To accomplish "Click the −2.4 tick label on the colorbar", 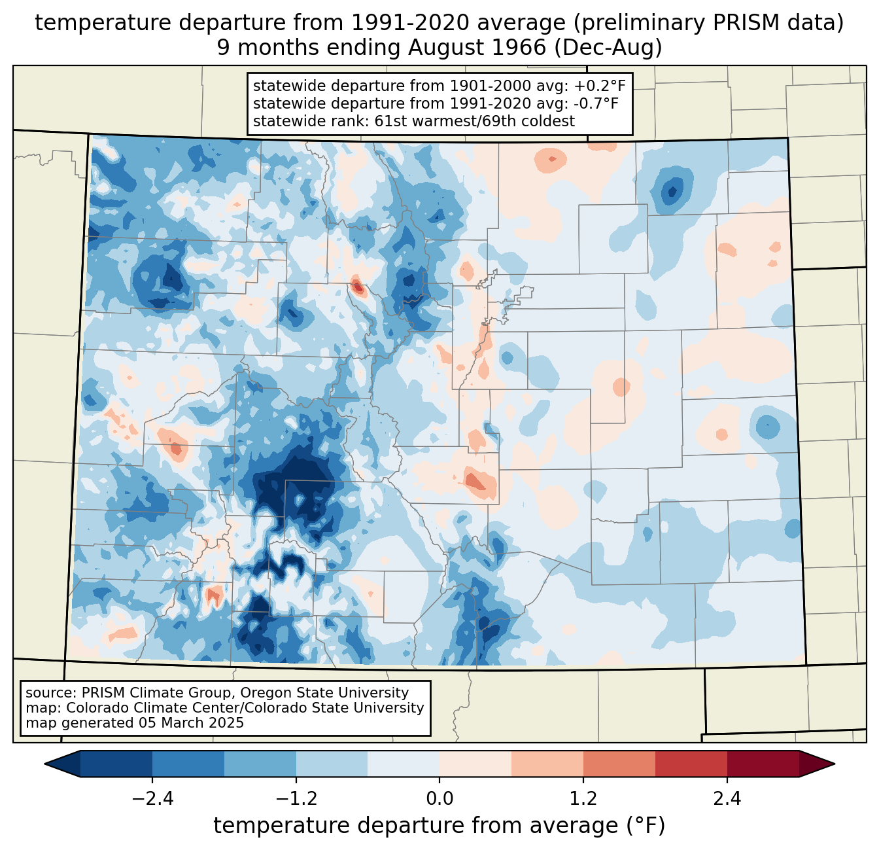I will pyautogui.click(x=152, y=799).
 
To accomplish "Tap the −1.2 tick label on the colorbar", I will pyautogui.click(x=296, y=799).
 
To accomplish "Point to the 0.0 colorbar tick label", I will pyautogui.click(x=439, y=799).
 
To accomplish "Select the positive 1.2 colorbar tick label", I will pyautogui.click(x=583, y=799).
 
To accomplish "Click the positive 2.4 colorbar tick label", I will pyautogui.click(x=727, y=799).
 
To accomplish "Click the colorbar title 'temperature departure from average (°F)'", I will pyautogui.click(x=439, y=826).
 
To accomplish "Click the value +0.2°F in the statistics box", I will pyautogui.click(x=600, y=86).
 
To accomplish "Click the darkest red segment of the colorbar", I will pyautogui.click(x=763, y=764).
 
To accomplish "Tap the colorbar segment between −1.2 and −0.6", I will pyautogui.click(x=332, y=764).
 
